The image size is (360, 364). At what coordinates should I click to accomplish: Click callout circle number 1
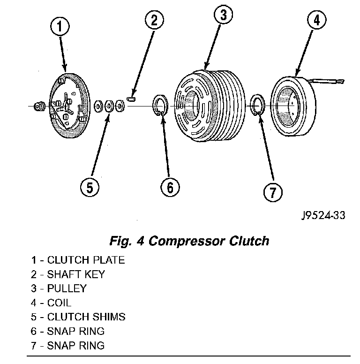tap(61, 27)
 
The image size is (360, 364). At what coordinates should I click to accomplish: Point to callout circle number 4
tap(317, 21)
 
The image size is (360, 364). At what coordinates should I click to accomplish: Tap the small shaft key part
tap(131, 99)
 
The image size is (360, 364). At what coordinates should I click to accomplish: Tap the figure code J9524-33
tap(323, 216)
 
